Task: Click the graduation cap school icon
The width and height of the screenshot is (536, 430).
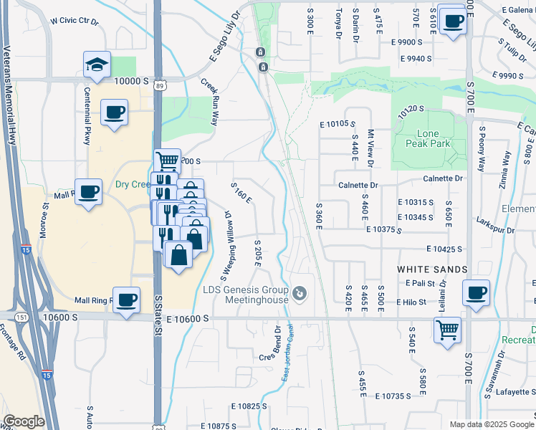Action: click(x=97, y=64)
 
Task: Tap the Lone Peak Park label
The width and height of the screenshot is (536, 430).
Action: click(x=433, y=138)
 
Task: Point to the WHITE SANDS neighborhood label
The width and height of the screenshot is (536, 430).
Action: click(x=433, y=269)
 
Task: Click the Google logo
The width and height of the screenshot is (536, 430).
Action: click(x=24, y=421)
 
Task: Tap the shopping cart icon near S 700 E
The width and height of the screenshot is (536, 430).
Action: click(x=448, y=330)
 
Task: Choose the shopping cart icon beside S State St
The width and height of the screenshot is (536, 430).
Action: click(x=167, y=161)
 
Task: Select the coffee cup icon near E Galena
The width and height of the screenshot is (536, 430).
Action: click(x=452, y=21)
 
